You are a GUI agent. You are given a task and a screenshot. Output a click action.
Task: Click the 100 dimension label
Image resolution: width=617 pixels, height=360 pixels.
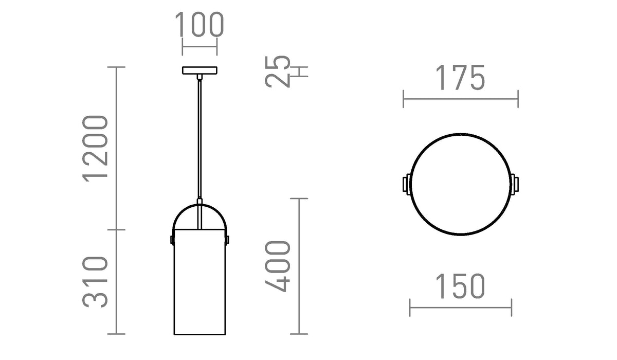pyautogui.click(x=199, y=24)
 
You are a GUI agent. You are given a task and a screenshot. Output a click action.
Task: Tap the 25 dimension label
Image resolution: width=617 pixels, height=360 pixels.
pyautogui.click(x=277, y=71)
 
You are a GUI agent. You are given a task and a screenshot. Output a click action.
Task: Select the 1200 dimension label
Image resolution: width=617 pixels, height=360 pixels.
pyautogui.click(x=95, y=149)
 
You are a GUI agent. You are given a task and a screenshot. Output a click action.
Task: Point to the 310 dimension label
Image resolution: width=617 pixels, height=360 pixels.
pyautogui.click(x=95, y=282)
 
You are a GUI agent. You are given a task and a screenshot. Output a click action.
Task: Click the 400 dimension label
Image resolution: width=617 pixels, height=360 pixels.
pyautogui.click(x=277, y=266)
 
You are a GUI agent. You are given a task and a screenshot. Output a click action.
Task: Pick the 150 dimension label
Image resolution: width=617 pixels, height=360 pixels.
pyautogui.click(x=460, y=286)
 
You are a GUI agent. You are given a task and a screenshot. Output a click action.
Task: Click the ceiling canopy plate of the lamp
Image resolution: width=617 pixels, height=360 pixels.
pyautogui.click(x=199, y=70)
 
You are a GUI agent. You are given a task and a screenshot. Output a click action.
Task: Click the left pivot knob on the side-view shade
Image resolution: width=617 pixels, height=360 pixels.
pyautogui.click(x=172, y=240)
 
